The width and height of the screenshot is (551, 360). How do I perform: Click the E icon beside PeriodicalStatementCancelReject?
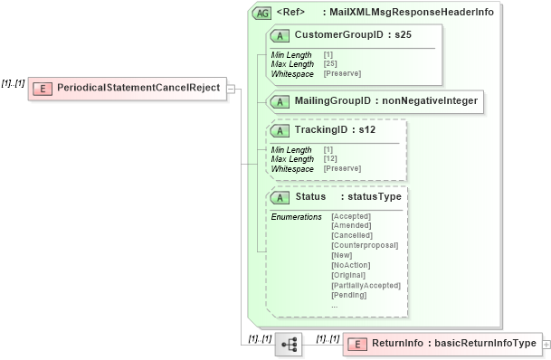tap(41, 89)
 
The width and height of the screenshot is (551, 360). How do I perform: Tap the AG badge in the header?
tap(261, 14)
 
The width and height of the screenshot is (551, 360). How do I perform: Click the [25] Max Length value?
tap(331, 64)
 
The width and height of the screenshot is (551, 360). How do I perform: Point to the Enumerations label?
tap(297, 217)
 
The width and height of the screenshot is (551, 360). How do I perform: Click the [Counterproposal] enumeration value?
tap(365, 245)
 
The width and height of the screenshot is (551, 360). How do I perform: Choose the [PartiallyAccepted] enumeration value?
tap(366, 285)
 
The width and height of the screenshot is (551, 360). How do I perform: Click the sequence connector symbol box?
tap(290, 345)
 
